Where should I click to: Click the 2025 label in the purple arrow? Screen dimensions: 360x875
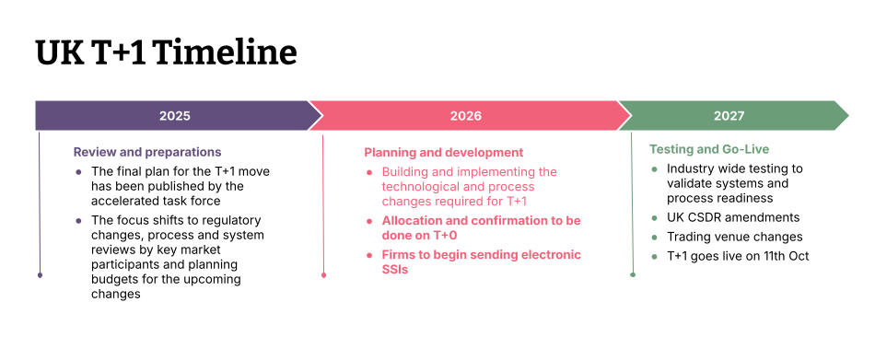pyautogui.click(x=175, y=116)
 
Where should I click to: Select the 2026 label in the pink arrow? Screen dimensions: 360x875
pyautogui.click(x=466, y=116)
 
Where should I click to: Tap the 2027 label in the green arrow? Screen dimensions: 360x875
pyautogui.click(x=729, y=116)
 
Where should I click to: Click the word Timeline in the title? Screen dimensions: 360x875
pyautogui.click(x=227, y=52)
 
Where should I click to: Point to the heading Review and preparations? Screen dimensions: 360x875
pyautogui.click(x=147, y=152)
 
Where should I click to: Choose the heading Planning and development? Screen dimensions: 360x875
pyautogui.click(x=444, y=152)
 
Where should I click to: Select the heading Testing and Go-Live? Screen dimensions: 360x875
pyautogui.click(x=709, y=149)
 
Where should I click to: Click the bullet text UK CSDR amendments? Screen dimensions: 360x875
pyautogui.click(x=733, y=217)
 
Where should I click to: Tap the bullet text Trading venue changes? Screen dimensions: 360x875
pyautogui.click(x=735, y=237)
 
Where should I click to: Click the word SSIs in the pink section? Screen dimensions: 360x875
pyautogui.click(x=395, y=270)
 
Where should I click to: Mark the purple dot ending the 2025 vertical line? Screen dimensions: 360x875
pyautogui.click(x=40, y=274)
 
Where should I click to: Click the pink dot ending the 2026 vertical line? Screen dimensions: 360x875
pyautogui.click(x=323, y=274)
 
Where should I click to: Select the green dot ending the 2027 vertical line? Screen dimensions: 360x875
pyautogui.click(x=632, y=274)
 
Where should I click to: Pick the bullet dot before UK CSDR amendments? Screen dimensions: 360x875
pyautogui.click(x=655, y=218)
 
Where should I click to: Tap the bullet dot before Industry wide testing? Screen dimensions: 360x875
pyautogui.click(x=655, y=169)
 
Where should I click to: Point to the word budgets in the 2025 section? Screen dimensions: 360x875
pyautogui.click(x=118, y=280)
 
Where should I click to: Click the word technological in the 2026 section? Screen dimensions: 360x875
pyautogui.click(x=423, y=186)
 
